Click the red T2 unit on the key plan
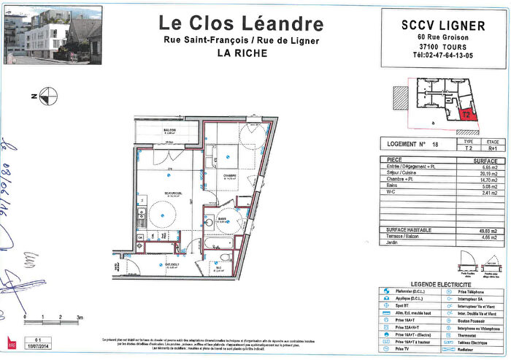pos(466,114)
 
